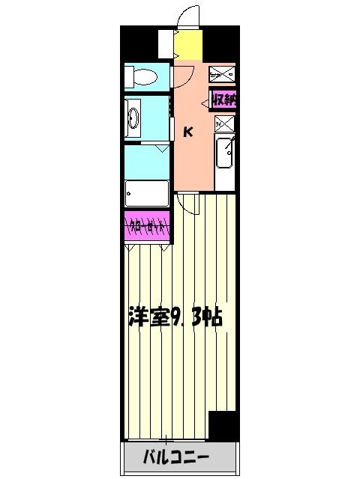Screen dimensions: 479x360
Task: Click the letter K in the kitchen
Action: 188,132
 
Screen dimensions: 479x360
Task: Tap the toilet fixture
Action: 142,76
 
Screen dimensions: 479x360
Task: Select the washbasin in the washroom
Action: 134,117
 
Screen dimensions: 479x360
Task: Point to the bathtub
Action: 147,194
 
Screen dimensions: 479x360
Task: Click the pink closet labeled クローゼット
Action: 148,225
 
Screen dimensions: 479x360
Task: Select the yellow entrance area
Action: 188,46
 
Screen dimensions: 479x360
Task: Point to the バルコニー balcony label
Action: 177,457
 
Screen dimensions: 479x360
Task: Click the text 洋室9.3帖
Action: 174,317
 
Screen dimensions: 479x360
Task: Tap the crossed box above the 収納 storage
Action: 222,74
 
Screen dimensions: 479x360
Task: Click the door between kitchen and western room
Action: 189,197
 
